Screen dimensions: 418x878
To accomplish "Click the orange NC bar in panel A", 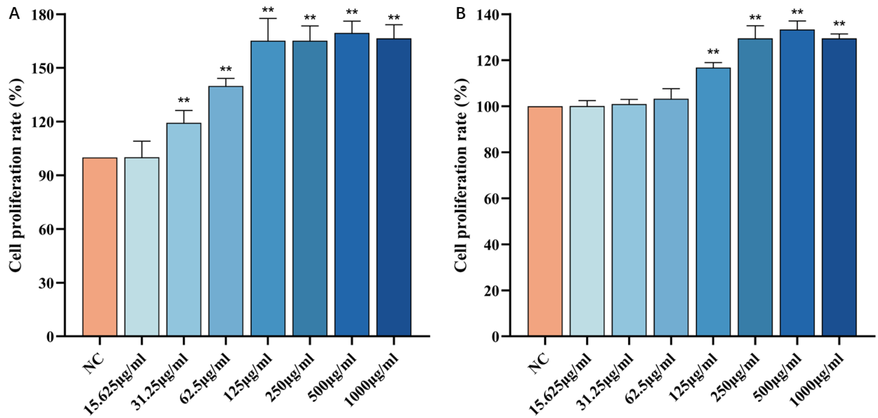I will tap(100, 247).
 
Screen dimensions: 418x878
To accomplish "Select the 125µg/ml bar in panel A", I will tap(268, 189).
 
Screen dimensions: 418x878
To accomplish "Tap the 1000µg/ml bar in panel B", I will tap(839, 187).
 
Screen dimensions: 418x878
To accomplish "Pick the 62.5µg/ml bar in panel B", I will tap(671, 218).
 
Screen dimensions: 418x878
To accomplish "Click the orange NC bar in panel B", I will tap(545, 221).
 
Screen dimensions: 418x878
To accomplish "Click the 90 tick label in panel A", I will tap(45, 176).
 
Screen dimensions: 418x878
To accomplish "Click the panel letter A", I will tap(14, 14).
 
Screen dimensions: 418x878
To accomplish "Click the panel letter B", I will tap(461, 14).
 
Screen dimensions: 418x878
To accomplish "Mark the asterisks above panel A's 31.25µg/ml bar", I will tap(184, 101).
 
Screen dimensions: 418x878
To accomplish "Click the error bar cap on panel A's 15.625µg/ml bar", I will tap(142, 141).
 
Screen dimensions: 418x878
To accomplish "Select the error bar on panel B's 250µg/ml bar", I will tap(755, 32).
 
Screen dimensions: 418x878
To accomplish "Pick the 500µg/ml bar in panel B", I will tap(797, 184).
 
